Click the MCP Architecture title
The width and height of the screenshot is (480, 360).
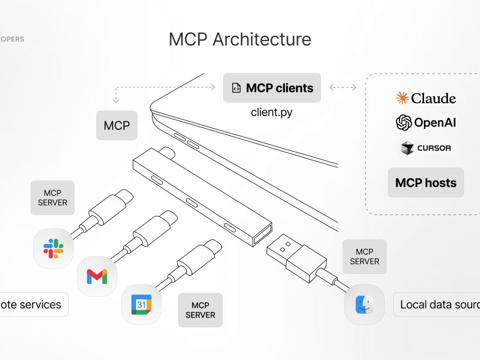tap(240, 40)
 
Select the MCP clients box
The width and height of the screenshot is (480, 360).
tap(272, 88)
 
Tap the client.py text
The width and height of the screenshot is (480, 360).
tap(272, 112)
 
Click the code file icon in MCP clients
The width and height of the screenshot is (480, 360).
tap(236, 88)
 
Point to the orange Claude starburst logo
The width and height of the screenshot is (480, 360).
tap(402, 98)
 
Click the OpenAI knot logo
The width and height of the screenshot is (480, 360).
tap(404, 122)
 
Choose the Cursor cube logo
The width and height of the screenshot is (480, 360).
tap(407, 148)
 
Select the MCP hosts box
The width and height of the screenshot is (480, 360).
tap(426, 183)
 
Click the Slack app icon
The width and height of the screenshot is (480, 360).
tap(53, 248)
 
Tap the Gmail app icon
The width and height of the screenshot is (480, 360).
tap(97, 276)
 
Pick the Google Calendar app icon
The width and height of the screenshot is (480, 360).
tap(141, 304)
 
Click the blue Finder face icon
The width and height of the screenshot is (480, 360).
tap(364, 304)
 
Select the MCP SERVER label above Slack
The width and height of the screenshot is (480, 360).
tap(52, 198)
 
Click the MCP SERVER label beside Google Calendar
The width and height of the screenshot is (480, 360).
tap(200, 310)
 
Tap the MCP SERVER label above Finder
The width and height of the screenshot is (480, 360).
tap(364, 256)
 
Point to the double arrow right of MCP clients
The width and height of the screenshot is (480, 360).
tap(342, 88)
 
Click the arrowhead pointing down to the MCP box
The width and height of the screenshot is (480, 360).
tap(116, 101)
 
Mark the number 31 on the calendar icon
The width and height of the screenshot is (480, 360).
tap(141, 305)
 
